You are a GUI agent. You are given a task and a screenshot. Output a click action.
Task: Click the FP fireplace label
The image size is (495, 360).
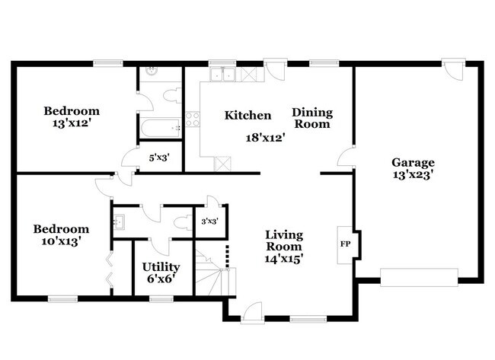click(x=345, y=244)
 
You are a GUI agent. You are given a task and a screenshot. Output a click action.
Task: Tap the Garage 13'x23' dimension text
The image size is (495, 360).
click(x=413, y=174)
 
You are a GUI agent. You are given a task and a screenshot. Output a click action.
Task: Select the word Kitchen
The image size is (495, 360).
click(x=247, y=116)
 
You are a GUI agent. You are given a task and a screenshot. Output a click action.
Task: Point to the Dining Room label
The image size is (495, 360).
click(x=312, y=118)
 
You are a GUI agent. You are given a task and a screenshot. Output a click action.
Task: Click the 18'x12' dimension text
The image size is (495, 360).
click(x=266, y=138)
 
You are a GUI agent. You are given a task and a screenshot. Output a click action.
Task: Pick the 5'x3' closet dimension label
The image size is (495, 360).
click(x=160, y=158)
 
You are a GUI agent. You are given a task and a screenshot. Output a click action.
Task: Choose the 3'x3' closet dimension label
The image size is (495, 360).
click(x=210, y=221)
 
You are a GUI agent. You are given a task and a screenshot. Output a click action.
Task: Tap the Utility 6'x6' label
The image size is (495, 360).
click(x=161, y=272)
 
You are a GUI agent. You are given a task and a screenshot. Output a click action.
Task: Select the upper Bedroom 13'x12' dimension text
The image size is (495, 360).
click(x=72, y=123)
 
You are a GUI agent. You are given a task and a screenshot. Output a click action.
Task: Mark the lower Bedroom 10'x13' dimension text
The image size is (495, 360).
click(x=61, y=241)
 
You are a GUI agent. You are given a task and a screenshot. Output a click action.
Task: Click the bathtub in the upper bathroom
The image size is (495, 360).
click(x=161, y=128)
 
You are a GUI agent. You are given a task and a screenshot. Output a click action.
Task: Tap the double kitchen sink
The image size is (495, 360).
click(x=223, y=75)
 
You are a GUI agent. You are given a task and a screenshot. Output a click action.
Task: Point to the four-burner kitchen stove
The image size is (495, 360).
click(x=192, y=119)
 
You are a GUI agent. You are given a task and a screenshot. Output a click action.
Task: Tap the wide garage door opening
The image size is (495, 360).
click(x=419, y=277)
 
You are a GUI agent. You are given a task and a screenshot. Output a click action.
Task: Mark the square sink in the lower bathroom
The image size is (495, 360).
click(x=119, y=221)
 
